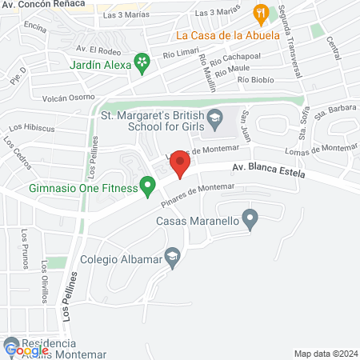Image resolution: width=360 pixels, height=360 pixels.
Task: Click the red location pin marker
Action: click(x=181, y=166)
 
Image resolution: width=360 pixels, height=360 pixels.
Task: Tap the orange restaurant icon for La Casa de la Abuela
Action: click(x=260, y=13)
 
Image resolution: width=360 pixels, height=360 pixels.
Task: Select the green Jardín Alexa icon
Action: click(x=142, y=62)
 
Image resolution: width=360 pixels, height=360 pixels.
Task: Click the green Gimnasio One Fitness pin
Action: click(x=148, y=186)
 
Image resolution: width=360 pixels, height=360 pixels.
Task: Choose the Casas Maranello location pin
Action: click(x=250, y=217)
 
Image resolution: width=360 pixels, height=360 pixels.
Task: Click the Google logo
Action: click(x=26, y=350)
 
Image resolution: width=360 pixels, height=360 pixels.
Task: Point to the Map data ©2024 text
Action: click(x=324, y=353)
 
